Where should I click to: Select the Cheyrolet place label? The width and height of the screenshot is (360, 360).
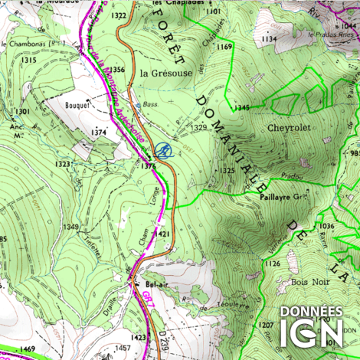click(290, 128)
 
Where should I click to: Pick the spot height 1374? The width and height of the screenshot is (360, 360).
click(98, 133)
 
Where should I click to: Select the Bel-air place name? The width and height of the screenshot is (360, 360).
click(155, 284)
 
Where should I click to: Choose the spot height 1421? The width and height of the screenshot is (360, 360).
click(162, 233)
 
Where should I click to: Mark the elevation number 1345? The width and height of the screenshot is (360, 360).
click(243, 107)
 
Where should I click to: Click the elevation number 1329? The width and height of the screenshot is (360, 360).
click(199, 126)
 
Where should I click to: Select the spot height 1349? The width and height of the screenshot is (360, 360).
click(71, 227)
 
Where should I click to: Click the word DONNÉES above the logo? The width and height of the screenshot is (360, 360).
click(310, 312)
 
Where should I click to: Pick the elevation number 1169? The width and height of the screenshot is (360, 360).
click(224, 47)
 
